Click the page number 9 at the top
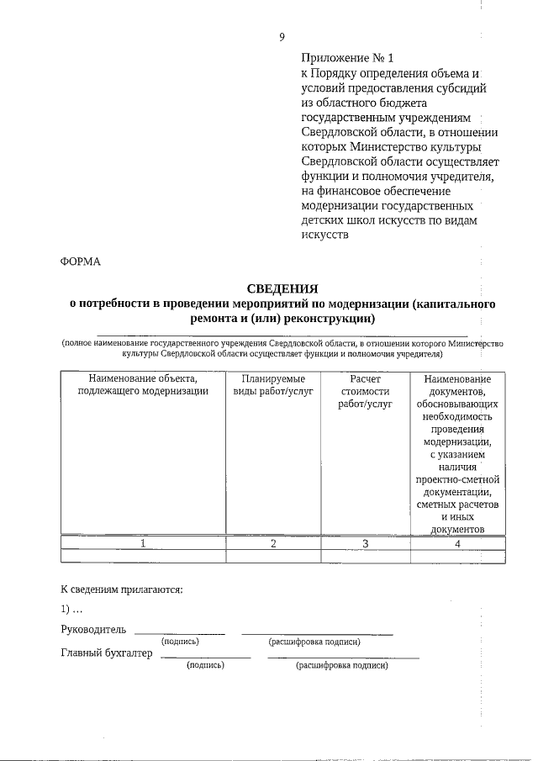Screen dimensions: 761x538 (x=282, y=37)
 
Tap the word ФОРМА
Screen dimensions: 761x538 (x=81, y=261)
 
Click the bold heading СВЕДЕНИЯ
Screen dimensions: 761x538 (x=282, y=288)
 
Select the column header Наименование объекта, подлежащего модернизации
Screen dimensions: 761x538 (x=142, y=384)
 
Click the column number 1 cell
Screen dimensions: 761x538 (x=143, y=543)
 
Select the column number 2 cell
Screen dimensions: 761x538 (x=273, y=543)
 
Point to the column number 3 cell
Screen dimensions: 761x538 (x=365, y=543)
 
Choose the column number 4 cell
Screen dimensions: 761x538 (x=457, y=543)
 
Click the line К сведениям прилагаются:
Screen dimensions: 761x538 (x=122, y=589)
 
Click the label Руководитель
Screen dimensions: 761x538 (x=93, y=628)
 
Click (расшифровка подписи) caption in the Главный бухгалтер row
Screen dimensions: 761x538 (x=341, y=665)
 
